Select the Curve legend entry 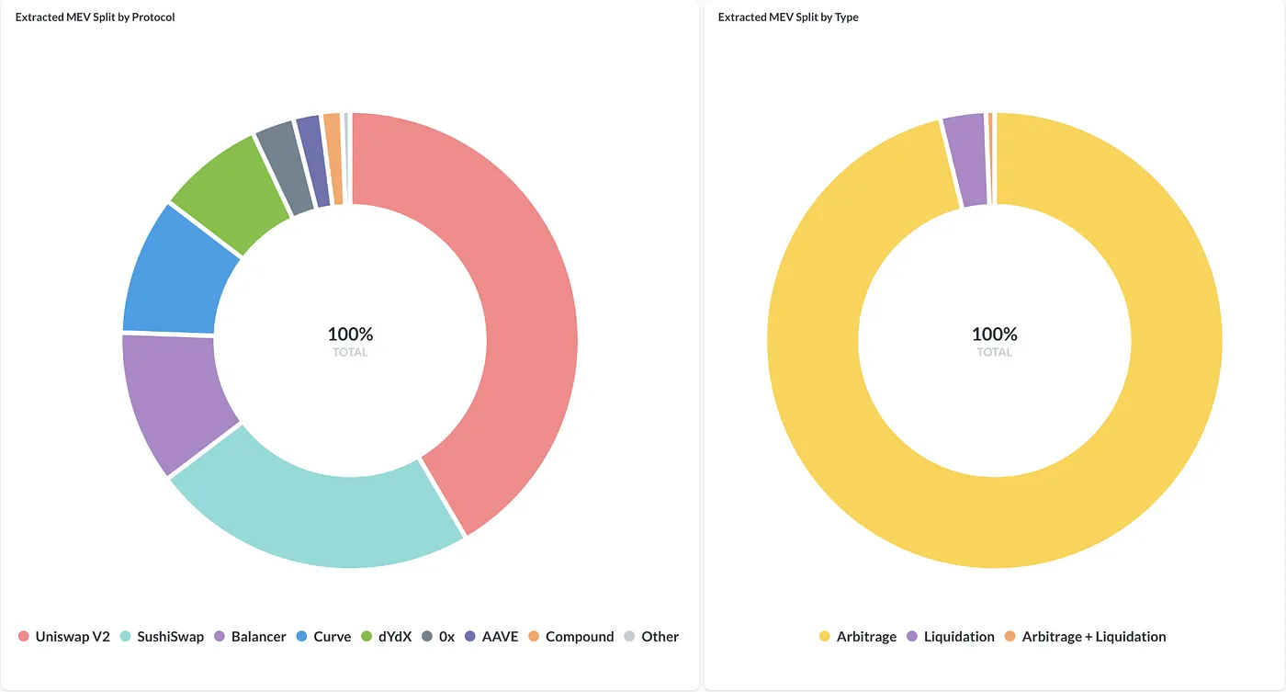pos(323,637)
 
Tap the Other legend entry pos(652,637)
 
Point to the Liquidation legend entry pos(951,637)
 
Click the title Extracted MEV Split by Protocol pos(96,17)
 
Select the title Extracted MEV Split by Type pos(788,17)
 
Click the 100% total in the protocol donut pos(350,335)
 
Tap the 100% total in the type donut pos(994,335)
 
